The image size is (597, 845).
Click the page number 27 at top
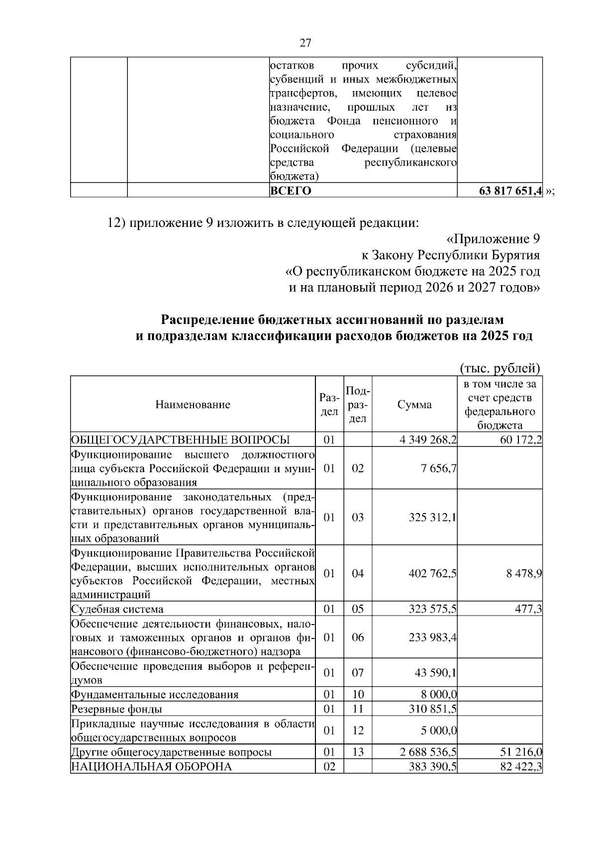[x=305, y=43]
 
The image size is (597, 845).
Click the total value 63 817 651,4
[x=510, y=191]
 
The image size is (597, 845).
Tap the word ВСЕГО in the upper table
[x=291, y=191]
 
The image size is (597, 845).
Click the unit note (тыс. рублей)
[x=499, y=368]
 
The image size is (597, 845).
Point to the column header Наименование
[x=193, y=405]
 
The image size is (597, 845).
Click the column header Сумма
[x=414, y=405]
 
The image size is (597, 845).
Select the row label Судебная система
[x=117, y=609]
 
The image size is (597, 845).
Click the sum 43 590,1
[x=436, y=673]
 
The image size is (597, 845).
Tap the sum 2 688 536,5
[x=428, y=752]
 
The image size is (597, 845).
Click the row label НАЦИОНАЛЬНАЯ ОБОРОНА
[x=151, y=766]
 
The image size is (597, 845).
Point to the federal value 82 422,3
[x=521, y=766]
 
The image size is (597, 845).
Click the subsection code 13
[x=358, y=752]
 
